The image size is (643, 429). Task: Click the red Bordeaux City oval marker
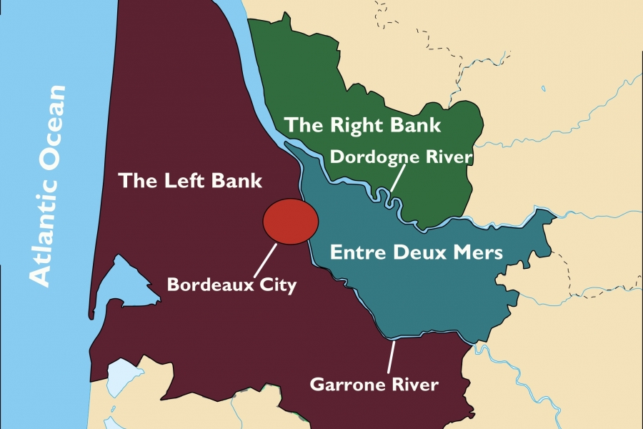[x=290, y=222]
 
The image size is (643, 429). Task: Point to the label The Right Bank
[x=363, y=125]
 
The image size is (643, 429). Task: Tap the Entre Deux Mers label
[x=417, y=252]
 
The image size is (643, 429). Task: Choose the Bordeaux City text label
[x=231, y=284]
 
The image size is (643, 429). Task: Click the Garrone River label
[x=374, y=385]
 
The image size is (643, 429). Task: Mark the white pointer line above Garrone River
[x=390, y=357]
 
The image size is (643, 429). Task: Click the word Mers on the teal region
[x=478, y=252]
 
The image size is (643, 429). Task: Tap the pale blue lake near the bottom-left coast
[x=121, y=379]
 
